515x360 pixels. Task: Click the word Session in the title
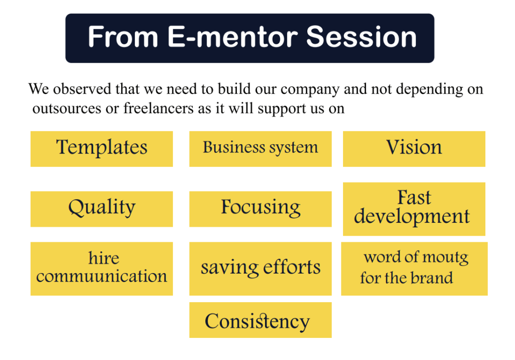(361, 37)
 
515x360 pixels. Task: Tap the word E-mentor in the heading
(232, 37)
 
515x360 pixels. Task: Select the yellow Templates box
(102, 149)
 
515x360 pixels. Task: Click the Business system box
(261, 149)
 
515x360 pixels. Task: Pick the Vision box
(414, 149)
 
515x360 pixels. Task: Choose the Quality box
(102, 209)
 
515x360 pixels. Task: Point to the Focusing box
(261, 209)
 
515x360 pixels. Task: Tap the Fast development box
(414, 209)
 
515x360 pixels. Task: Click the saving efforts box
(261, 268)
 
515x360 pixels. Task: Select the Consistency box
(261, 320)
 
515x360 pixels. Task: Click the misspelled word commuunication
(102, 276)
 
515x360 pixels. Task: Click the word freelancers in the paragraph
(158, 108)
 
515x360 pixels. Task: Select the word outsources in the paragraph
(67, 109)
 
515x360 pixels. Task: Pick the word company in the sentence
(310, 89)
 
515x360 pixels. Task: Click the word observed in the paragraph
(82, 88)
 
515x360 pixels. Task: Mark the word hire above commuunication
(104, 258)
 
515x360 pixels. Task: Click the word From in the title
(123, 37)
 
